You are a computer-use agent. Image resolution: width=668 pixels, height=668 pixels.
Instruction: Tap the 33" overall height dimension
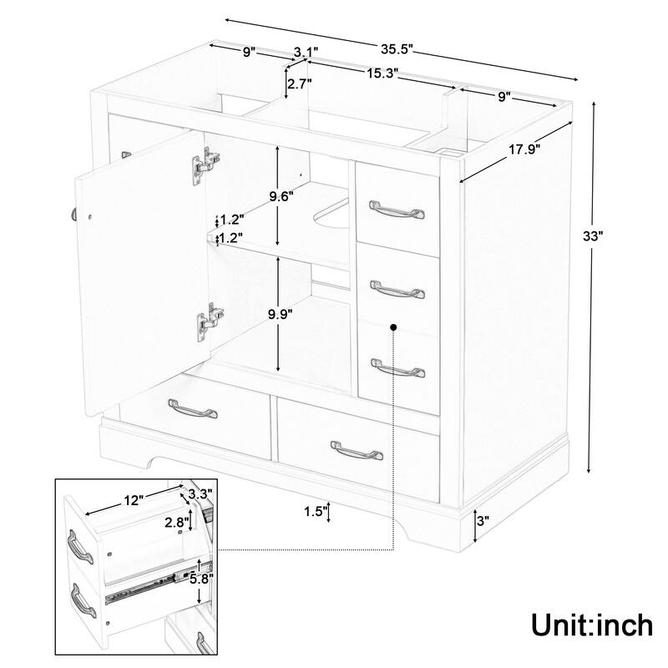(x=593, y=236)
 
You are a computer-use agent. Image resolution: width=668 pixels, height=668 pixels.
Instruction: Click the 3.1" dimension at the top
(x=304, y=52)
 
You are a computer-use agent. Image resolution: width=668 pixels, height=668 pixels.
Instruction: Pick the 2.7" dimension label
(x=298, y=83)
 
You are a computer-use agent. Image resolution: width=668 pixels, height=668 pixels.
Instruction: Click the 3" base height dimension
(x=482, y=521)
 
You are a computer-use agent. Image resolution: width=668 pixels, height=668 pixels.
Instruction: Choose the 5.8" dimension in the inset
(x=200, y=578)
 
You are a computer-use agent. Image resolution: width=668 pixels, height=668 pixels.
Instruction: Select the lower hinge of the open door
(x=210, y=320)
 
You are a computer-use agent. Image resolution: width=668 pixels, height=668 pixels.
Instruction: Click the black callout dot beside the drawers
(x=392, y=329)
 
